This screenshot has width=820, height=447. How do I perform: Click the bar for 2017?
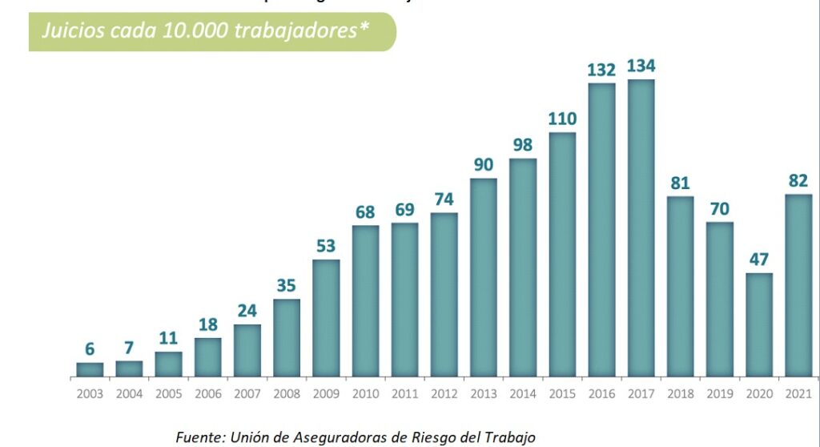641,228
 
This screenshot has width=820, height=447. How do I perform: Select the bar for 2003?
90,369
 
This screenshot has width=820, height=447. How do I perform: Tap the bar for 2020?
758,324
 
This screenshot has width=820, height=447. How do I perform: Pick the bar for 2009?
326,318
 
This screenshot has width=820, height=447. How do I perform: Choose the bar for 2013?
483,277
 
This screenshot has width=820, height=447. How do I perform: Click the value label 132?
601,70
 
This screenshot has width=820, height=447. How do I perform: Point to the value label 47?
758,260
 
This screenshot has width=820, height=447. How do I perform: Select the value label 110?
562,119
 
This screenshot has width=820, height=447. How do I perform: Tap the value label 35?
287,286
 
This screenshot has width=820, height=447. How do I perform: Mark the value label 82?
798,181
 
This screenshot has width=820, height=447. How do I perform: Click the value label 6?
90,349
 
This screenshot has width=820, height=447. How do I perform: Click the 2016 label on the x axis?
601,394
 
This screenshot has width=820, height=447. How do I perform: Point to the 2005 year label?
168,394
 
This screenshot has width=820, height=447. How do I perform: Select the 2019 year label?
719,394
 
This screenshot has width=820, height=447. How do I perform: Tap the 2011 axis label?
404,394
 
